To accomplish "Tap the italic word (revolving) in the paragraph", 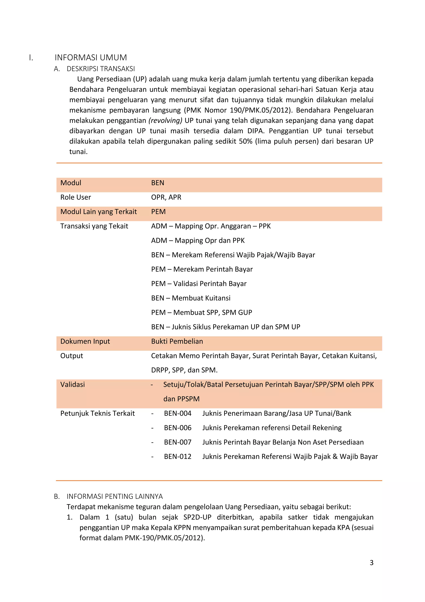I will point(165,121).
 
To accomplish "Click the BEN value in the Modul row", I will point(158,183).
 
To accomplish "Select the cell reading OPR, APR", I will point(166,197).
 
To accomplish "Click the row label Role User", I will point(76,197).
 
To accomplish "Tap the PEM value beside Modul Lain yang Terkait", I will point(158,212).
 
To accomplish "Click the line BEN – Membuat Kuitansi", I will point(191,298).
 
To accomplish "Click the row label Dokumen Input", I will point(85,341).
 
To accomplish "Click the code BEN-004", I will point(177,413).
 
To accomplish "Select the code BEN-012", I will point(177,457).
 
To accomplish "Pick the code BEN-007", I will point(177,442).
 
